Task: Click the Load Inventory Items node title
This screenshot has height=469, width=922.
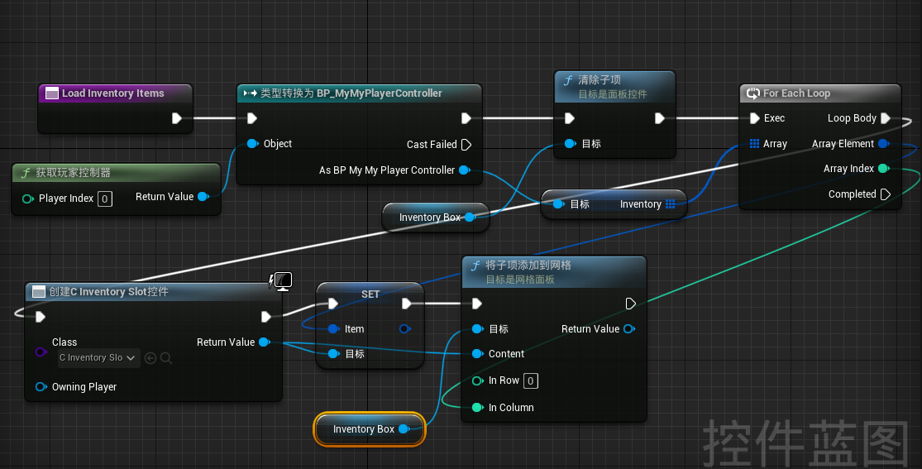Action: coord(113,93)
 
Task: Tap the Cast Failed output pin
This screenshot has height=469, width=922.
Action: coord(466,144)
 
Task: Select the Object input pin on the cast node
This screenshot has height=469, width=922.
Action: coord(252,144)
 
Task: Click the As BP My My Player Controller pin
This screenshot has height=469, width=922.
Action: coord(465,170)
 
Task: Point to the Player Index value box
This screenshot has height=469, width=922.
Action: coord(105,199)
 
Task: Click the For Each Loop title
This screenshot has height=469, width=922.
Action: coord(797,93)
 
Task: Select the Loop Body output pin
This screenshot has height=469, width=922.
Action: coord(886,118)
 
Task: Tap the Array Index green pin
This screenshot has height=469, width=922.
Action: coord(883,169)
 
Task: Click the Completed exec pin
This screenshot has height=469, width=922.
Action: coord(886,194)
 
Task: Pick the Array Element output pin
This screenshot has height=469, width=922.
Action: coord(883,144)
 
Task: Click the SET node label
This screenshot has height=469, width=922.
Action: coord(370,294)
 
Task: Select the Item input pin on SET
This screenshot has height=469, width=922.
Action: coord(333,329)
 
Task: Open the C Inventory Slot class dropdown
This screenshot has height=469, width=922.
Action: coord(98,358)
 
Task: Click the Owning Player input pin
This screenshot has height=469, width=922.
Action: coord(41,386)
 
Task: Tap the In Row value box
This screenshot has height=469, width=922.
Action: coord(530,380)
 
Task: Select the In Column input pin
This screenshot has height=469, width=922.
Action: coord(477,407)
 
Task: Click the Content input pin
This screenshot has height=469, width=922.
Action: coord(477,354)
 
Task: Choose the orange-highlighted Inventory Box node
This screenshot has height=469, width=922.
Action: coord(370,429)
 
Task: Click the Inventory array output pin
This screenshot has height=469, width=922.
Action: coord(671,204)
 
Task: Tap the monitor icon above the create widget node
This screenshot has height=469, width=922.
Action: coord(284,281)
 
